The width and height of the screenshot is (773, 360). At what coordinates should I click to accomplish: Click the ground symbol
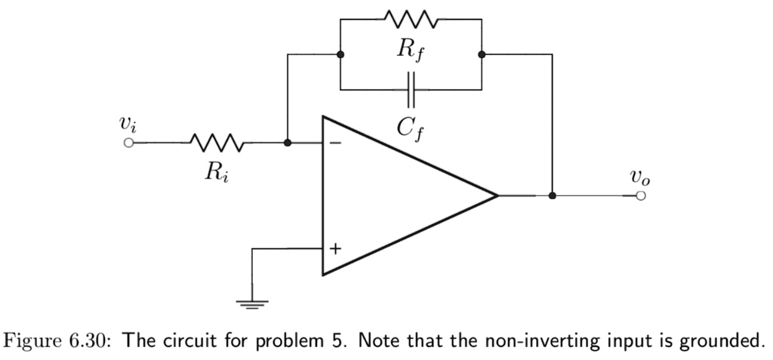coord(252,303)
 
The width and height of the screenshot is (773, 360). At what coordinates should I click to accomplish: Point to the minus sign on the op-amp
coord(334,142)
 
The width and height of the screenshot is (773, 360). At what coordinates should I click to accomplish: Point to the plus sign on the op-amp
coord(334,248)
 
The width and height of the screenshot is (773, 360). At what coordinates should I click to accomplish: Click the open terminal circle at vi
coord(129,142)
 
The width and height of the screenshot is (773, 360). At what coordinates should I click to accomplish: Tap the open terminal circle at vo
coord(640,195)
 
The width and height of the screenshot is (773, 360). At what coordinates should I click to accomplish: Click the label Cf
coord(411,128)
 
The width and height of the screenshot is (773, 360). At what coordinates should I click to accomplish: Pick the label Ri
coord(214,171)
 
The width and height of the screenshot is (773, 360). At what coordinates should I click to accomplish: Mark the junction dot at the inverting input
coord(287,142)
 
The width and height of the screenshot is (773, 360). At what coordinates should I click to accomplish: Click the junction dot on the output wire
coord(553,195)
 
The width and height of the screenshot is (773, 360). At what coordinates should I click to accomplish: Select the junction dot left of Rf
coord(341,54)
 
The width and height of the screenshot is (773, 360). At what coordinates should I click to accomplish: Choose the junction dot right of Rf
coord(482,54)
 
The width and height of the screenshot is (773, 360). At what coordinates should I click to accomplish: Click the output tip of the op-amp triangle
coord(497,195)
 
